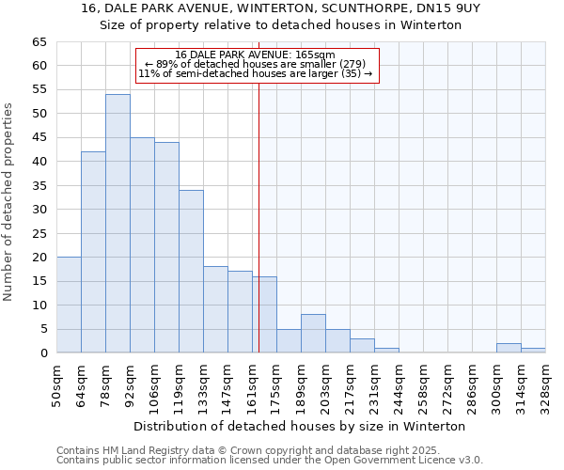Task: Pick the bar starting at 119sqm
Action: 191,272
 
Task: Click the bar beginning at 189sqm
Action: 313,334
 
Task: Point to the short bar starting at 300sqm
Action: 509,348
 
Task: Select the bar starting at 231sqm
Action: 386,351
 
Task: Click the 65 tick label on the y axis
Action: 39,42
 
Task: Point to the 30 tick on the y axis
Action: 39,210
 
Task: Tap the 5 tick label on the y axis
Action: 42,329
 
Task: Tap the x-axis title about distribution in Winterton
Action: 300,426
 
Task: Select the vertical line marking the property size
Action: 258,216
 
